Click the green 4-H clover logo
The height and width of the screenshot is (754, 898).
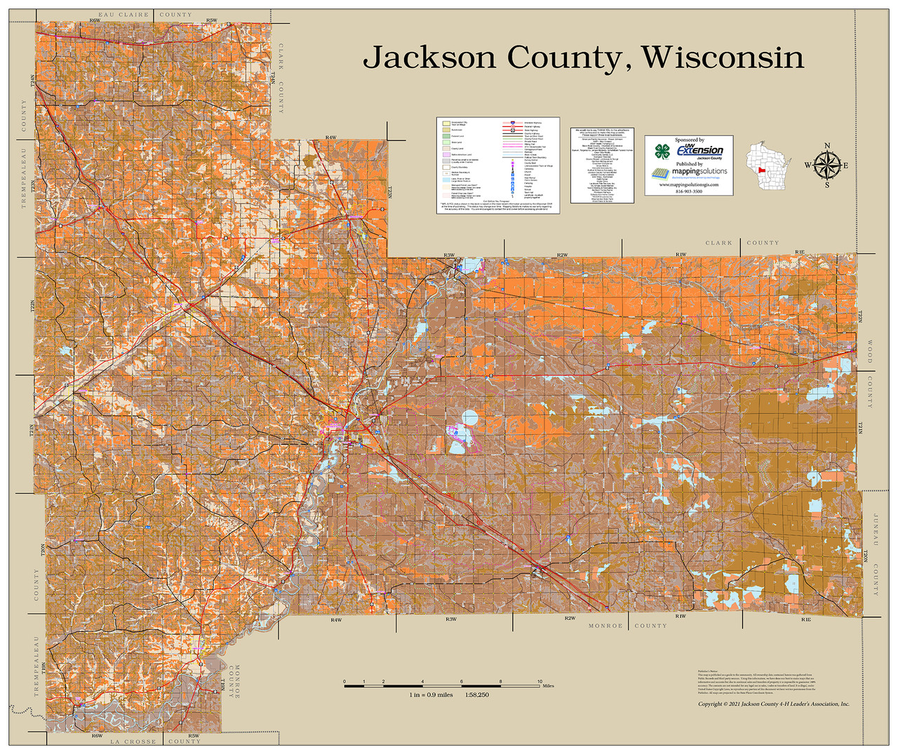tap(662, 152)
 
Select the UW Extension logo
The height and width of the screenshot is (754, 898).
tap(699, 150)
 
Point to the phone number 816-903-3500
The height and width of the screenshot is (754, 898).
tap(688, 191)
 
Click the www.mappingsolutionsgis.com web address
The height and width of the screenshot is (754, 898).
tap(688, 184)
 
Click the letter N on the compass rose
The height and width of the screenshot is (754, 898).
tap(827, 146)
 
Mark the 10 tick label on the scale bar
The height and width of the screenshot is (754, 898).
tap(540, 681)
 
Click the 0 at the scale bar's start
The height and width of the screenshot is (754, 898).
tap(344, 681)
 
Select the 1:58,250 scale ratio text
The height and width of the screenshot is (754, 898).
tap(476, 695)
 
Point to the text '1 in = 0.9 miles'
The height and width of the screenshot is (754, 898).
tap(431, 695)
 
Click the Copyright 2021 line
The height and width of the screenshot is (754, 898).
tap(773, 703)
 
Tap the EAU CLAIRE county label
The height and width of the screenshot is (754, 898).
tap(123, 15)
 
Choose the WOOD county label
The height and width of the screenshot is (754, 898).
tap(870, 352)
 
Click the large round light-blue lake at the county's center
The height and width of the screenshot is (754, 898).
tap(469, 419)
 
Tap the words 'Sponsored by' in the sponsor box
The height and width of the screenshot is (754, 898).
tap(689, 140)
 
